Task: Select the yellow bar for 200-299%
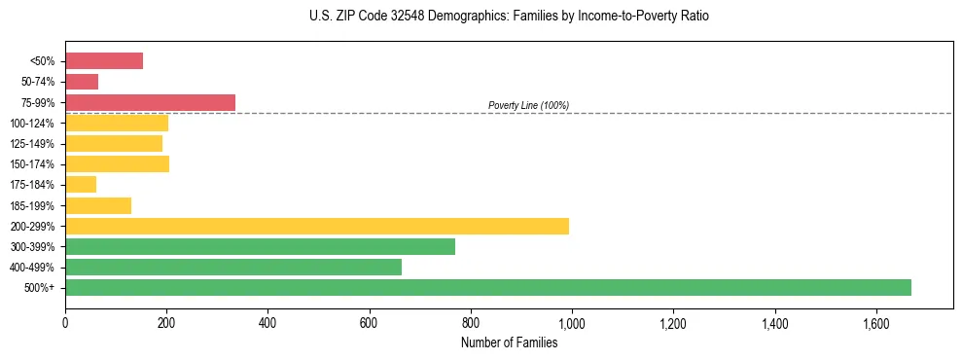click(317, 226)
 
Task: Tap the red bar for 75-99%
click(150, 102)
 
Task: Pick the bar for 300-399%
click(260, 246)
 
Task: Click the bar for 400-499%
click(233, 267)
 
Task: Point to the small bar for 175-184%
click(81, 184)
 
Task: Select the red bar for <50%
click(104, 61)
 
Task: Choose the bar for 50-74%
click(82, 82)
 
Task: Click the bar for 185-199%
click(98, 205)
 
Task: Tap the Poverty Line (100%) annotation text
click(528, 105)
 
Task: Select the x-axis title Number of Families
click(510, 342)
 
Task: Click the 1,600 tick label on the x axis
click(876, 321)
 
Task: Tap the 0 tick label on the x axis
click(65, 321)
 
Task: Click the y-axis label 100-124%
click(32, 124)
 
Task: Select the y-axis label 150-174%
click(32, 164)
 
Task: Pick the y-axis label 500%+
click(40, 288)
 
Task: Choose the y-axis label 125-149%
click(32, 144)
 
